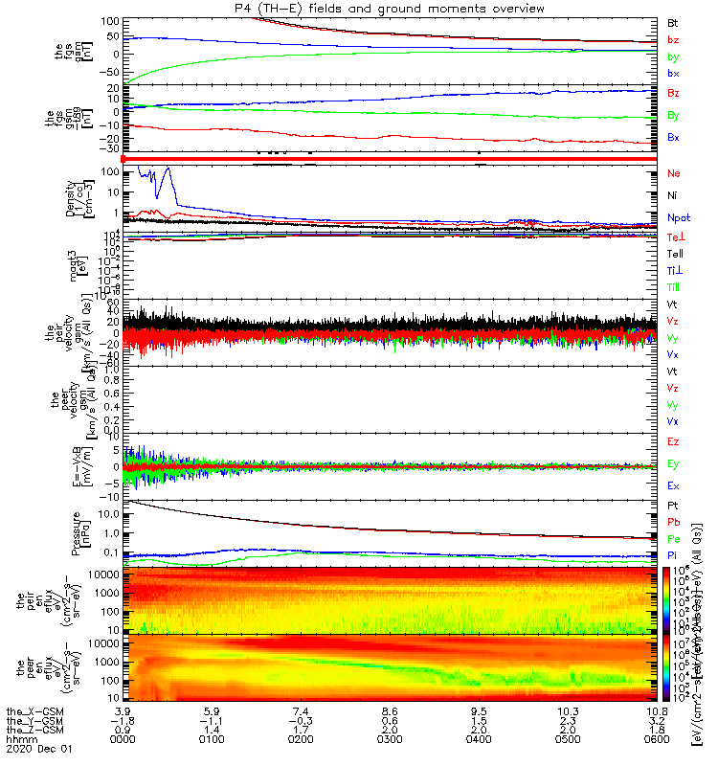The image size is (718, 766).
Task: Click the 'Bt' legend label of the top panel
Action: tap(673, 22)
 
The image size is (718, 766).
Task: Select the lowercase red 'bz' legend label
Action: tap(673, 40)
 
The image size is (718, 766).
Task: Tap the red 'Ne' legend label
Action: tap(674, 174)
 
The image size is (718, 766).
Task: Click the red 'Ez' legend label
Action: tap(674, 442)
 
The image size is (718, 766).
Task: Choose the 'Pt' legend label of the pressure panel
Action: tap(673, 505)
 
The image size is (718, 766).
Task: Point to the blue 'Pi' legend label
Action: tap(673, 556)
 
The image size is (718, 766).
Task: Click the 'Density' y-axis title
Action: tap(71, 198)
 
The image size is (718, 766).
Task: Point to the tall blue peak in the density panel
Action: tap(168, 170)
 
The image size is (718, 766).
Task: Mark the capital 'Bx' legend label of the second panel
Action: tap(674, 138)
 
